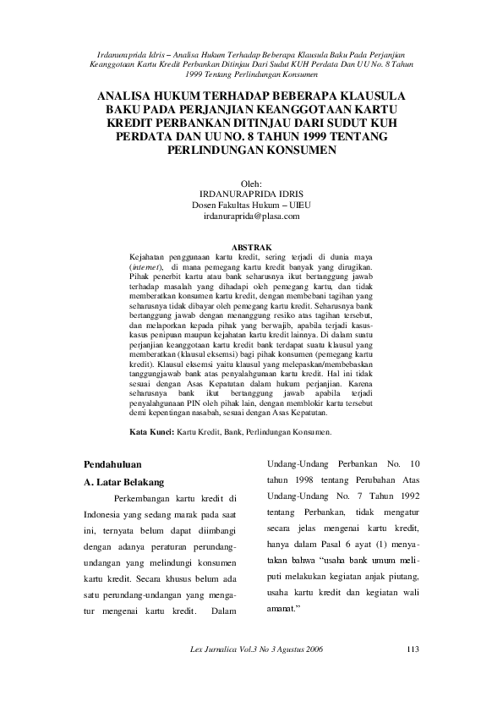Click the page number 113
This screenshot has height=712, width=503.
(413, 649)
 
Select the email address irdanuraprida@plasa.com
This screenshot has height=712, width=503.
(251, 216)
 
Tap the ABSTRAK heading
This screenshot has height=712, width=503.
(251, 247)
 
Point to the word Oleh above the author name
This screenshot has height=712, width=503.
(251, 183)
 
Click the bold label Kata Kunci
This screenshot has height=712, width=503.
(150, 431)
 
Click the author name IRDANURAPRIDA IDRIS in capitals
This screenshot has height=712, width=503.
(251, 194)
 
